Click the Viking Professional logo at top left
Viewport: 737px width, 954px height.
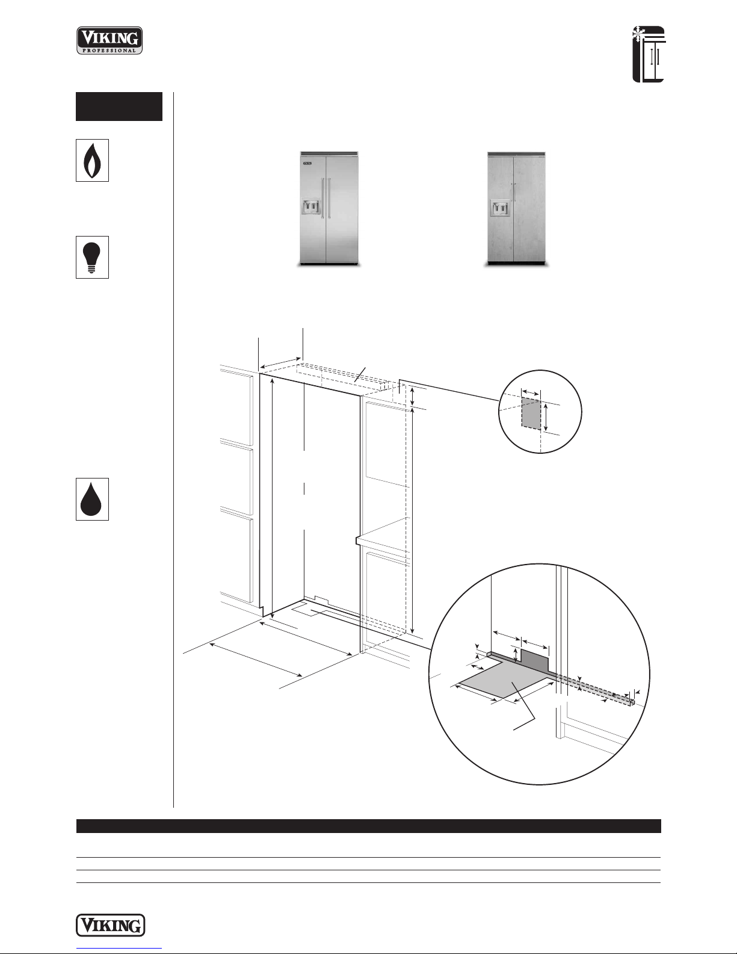click(109, 40)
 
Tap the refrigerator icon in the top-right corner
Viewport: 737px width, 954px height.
click(649, 54)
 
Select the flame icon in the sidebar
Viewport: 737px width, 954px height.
click(92, 160)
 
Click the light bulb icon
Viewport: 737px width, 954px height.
click(92, 257)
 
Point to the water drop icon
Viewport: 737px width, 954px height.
click(92, 499)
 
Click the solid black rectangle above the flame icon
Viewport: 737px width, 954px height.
click(119, 107)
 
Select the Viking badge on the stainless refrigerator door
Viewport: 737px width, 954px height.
click(307, 164)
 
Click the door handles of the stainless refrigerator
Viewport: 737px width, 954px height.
click(326, 198)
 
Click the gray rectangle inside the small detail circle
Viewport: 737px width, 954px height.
click(531, 413)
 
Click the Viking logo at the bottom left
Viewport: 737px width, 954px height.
click(111, 925)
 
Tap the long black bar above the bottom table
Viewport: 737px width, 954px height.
click(368, 826)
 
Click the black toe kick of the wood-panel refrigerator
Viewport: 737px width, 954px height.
click(516, 264)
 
